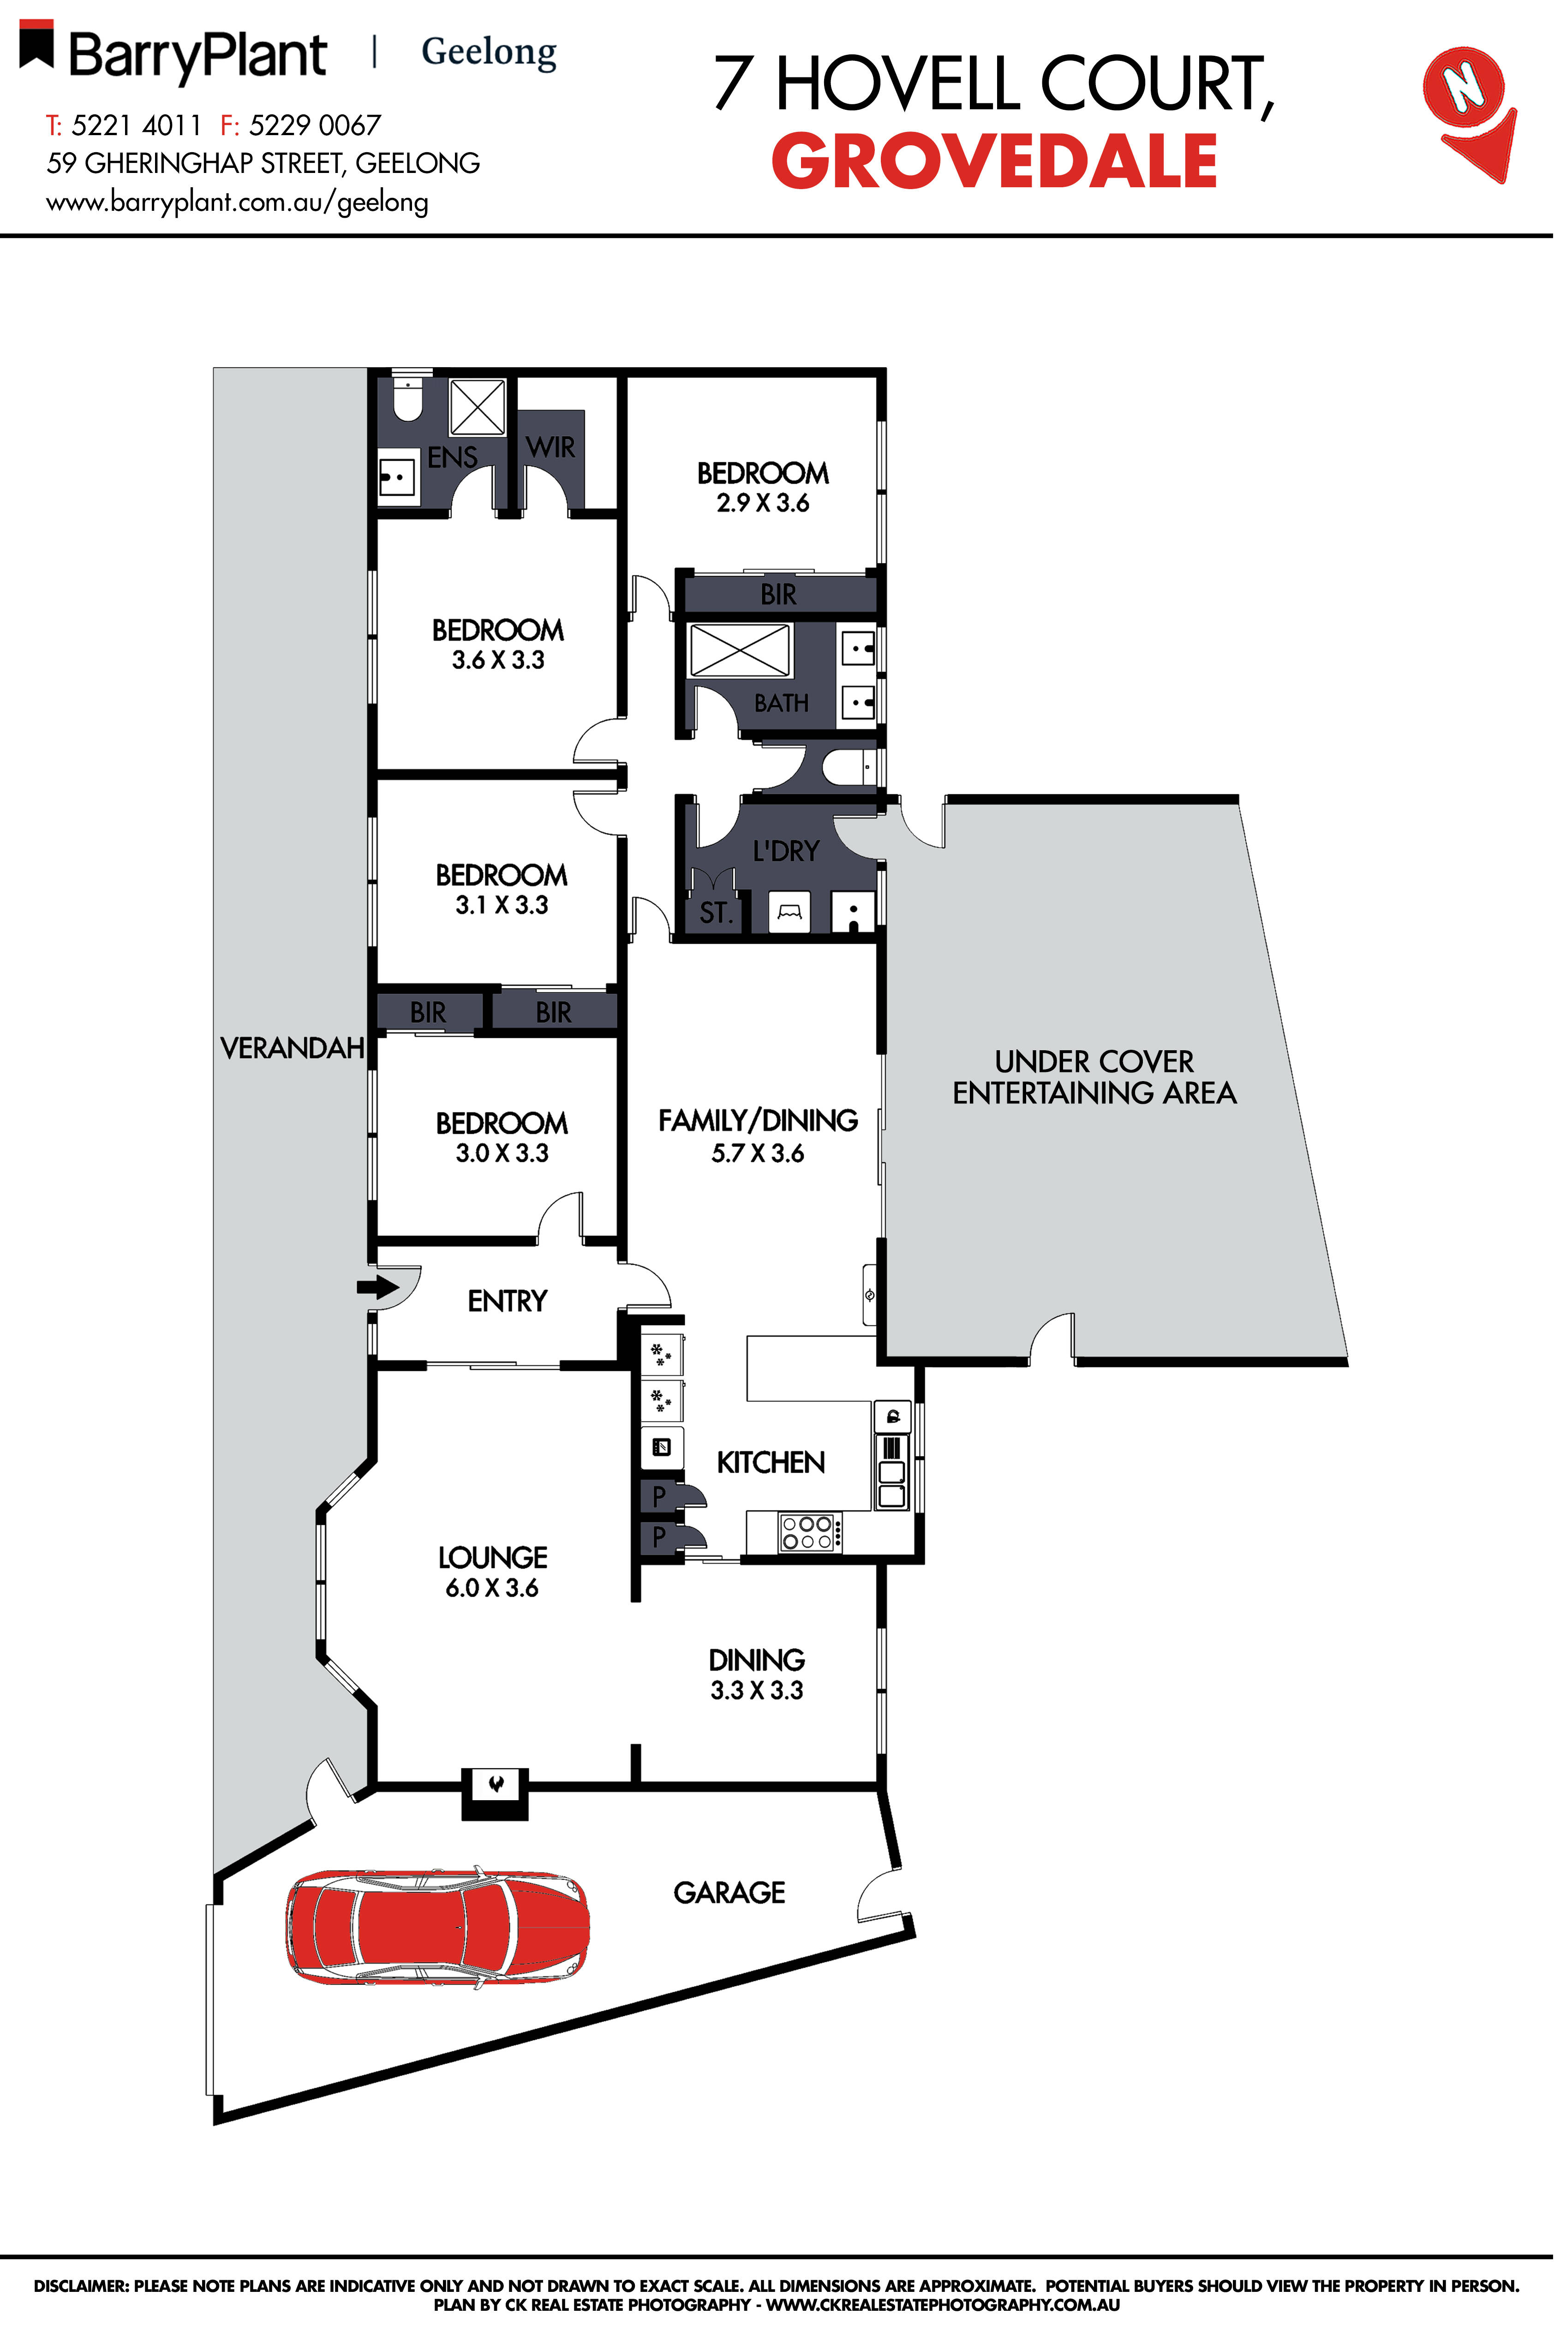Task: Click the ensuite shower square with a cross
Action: tap(478, 406)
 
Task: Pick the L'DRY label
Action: tap(786, 851)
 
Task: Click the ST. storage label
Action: tap(715, 912)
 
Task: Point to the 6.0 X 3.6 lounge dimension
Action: tap(491, 1588)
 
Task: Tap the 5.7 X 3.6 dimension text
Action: tap(757, 1153)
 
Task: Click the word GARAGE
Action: tap(729, 1893)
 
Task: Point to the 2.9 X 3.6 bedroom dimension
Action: tap(763, 503)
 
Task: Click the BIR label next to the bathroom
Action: tap(778, 595)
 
